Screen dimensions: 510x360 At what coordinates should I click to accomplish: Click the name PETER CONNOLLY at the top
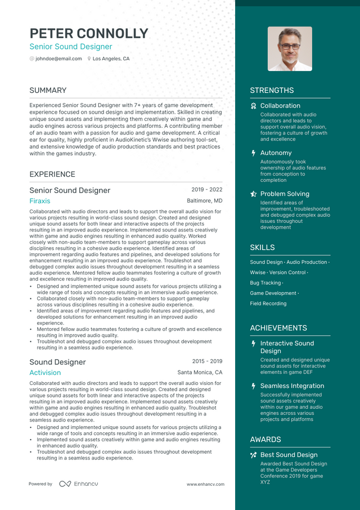click(89, 33)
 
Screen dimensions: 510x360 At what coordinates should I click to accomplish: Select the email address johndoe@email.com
click(58, 59)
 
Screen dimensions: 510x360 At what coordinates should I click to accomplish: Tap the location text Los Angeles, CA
click(111, 59)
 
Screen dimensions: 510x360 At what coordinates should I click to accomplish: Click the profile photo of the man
click(290, 49)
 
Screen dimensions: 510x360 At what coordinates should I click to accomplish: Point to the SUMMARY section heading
click(48, 91)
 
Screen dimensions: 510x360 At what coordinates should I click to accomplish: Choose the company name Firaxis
click(40, 201)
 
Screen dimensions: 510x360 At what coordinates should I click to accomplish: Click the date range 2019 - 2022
click(206, 190)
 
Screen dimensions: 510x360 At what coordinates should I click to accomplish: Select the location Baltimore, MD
click(205, 201)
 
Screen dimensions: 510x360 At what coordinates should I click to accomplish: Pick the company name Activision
click(45, 373)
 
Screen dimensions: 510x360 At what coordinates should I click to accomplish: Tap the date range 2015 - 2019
click(206, 361)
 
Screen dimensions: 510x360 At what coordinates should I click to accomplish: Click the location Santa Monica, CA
click(200, 373)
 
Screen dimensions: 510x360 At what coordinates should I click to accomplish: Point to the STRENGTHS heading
click(272, 91)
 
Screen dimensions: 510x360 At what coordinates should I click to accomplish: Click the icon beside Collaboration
click(254, 106)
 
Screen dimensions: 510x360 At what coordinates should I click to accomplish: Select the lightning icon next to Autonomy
click(254, 153)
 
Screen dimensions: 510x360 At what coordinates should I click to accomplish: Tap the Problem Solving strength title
click(285, 194)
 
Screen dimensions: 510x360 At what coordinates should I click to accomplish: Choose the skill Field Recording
click(268, 303)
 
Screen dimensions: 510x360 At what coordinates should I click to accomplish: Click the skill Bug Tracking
click(265, 283)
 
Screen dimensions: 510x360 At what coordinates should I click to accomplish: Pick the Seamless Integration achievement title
click(292, 386)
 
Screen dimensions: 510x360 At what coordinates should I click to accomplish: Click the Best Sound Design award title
click(289, 455)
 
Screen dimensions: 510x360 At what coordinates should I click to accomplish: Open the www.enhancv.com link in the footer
click(205, 484)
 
